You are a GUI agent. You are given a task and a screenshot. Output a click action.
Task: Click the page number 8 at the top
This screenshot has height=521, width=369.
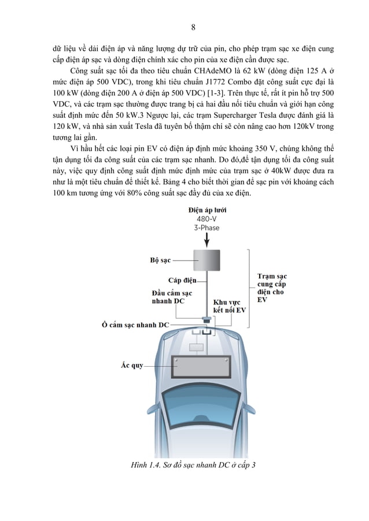pyautogui.click(x=193, y=27)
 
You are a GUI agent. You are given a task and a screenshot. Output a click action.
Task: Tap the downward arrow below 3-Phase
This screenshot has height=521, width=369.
pyautogui.click(x=206, y=241)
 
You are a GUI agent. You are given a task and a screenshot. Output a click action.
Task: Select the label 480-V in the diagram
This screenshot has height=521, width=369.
pyautogui.click(x=206, y=219)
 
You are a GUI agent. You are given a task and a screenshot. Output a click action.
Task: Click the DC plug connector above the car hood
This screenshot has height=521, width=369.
pyautogui.click(x=206, y=319)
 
